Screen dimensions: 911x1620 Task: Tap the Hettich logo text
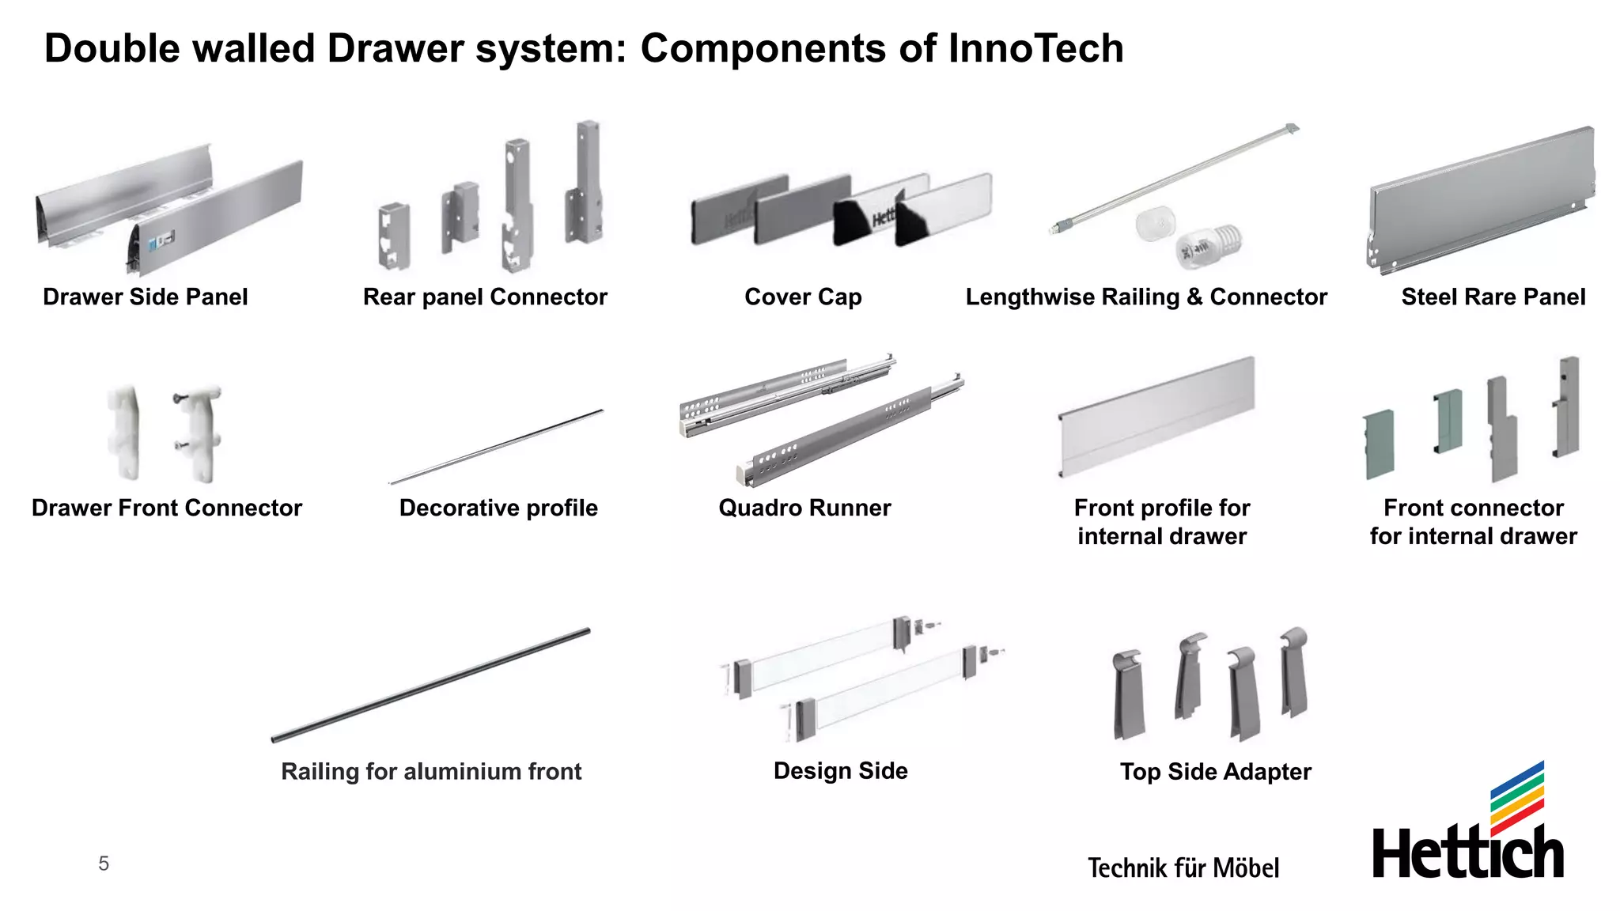coord(1467,852)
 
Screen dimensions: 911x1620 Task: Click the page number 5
coord(104,864)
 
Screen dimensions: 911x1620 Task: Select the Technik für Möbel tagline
coord(1183,868)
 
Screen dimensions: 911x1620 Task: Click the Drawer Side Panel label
coord(145,297)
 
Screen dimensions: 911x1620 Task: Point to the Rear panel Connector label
coord(485,297)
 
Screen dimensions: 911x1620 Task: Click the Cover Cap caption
coord(803,297)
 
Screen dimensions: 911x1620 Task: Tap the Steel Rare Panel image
coord(1479,202)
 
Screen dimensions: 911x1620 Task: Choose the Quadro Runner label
coord(804,508)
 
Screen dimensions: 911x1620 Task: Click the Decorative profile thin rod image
coord(497,447)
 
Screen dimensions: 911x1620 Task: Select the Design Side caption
coord(840,771)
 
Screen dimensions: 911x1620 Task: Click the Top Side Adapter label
coord(1215,772)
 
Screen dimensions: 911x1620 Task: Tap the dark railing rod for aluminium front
coord(431,685)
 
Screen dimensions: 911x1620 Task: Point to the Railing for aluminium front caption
coord(431,772)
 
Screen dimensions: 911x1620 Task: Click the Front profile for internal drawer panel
coord(1156,417)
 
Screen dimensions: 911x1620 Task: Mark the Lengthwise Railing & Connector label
coord(1146,297)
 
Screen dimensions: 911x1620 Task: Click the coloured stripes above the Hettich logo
coord(1516,795)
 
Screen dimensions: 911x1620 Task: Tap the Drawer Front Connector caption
coord(167,508)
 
